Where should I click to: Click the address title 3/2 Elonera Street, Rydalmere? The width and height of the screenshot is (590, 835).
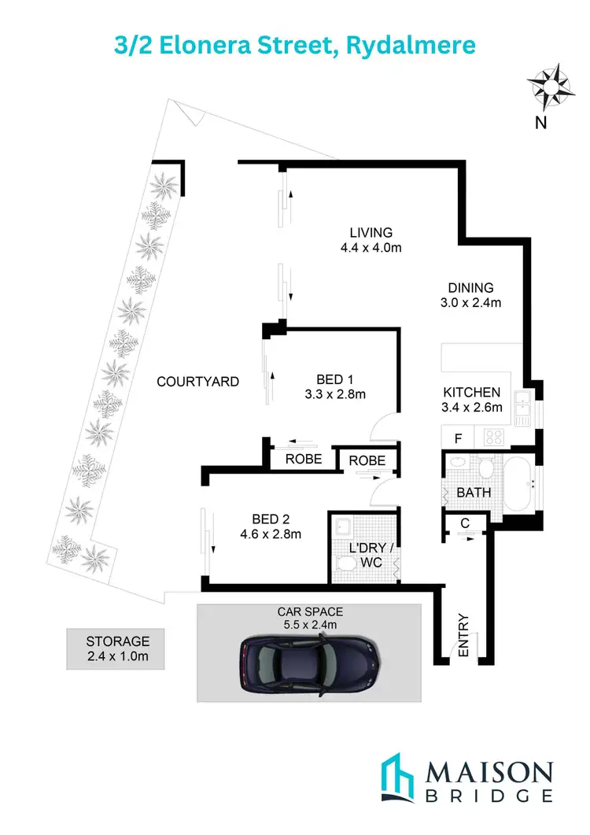[x=294, y=44]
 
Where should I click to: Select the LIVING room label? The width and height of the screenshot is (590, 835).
[x=371, y=232]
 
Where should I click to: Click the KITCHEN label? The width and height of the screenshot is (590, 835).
[x=472, y=392]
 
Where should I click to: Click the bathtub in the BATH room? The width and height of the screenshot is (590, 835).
[x=518, y=482]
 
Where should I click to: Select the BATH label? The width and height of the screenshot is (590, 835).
[x=474, y=493]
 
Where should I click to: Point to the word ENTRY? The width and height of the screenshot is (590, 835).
[x=463, y=634]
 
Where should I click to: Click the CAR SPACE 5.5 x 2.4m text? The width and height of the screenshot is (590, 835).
[x=310, y=618]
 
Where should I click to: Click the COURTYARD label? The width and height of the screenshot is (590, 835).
[x=197, y=382]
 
